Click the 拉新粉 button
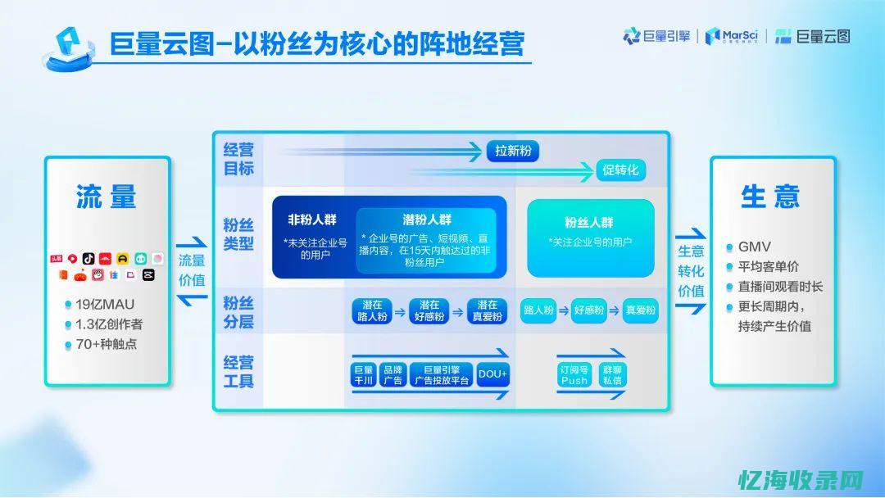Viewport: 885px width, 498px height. coord(513,151)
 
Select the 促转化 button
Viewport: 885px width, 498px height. coord(619,170)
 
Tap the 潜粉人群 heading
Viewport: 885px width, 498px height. coord(426,220)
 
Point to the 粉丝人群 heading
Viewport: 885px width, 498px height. coord(588,222)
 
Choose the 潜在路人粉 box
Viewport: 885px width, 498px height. coord(371,311)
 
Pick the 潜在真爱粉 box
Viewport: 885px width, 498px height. coord(488,311)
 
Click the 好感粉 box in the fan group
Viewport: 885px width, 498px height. coord(588,310)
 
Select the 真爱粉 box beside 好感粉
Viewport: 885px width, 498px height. coord(640,310)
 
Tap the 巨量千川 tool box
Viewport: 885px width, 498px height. coord(362,375)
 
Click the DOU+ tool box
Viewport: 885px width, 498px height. coord(492,375)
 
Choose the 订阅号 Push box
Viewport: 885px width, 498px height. coord(574,375)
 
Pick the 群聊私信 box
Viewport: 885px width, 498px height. coord(612,375)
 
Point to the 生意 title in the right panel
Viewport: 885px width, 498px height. coord(769,197)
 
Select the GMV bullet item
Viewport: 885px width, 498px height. coord(754,247)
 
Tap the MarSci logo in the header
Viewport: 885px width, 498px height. coord(732,35)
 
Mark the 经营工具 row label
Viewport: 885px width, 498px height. coord(238,371)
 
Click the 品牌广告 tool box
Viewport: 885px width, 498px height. coord(393,375)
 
